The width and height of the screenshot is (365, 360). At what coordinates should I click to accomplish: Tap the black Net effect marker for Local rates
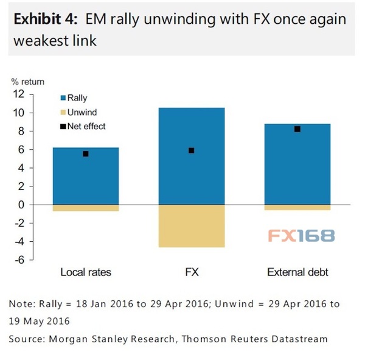[x=86, y=154]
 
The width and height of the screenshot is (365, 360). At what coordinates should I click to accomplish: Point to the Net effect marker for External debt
[x=297, y=129]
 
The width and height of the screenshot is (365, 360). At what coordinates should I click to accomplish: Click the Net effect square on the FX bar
[x=192, y=150]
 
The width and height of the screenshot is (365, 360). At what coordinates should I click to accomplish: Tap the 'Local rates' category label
[x=86, y=272]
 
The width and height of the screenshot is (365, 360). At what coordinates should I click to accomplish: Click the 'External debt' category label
[x=297, y=272]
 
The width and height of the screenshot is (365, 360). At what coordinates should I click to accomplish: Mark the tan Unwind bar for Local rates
[x=86, y=208]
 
